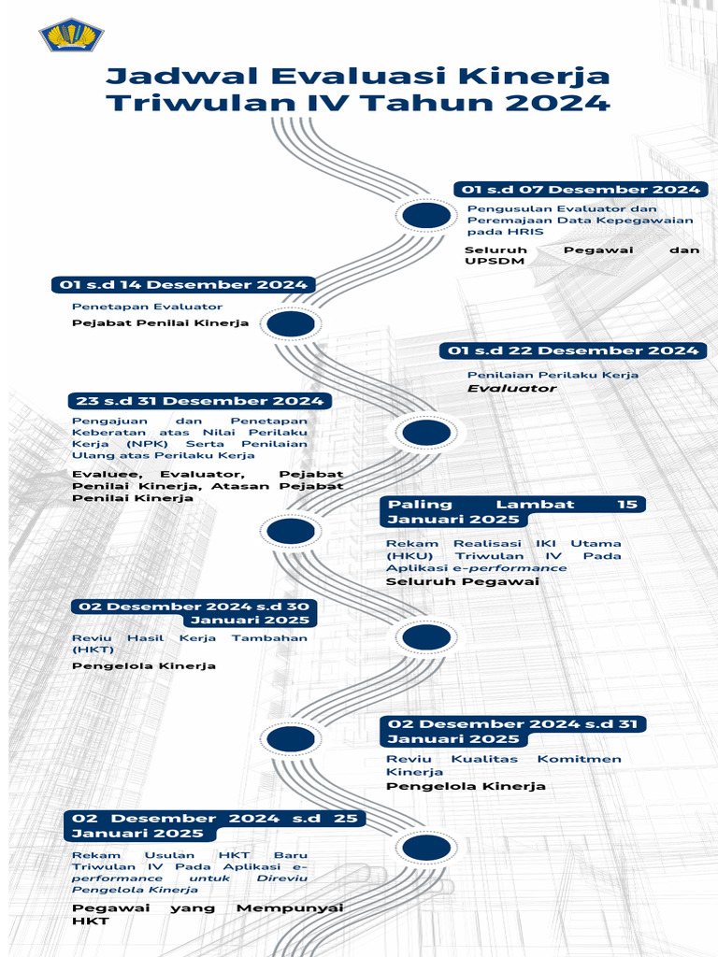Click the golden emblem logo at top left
point(72,35)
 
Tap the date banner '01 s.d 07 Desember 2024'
point(581,190)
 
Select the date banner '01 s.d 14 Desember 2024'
point(183,285)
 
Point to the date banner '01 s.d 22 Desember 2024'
point(573,350)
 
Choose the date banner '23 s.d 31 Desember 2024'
point(200,401)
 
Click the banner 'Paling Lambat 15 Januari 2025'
point(512,511)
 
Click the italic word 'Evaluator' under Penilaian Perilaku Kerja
point(511,388)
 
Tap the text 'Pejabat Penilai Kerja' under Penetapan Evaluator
point(161,323)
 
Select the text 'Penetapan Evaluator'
point(148,307)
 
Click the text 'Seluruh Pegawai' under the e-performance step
point(463,581)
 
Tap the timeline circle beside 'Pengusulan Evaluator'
point(426,216)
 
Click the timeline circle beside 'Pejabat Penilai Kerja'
point(291,324)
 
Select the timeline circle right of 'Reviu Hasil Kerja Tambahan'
point(426,637)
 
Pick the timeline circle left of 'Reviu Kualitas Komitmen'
point(291,738)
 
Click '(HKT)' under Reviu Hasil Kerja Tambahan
point(93,649)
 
